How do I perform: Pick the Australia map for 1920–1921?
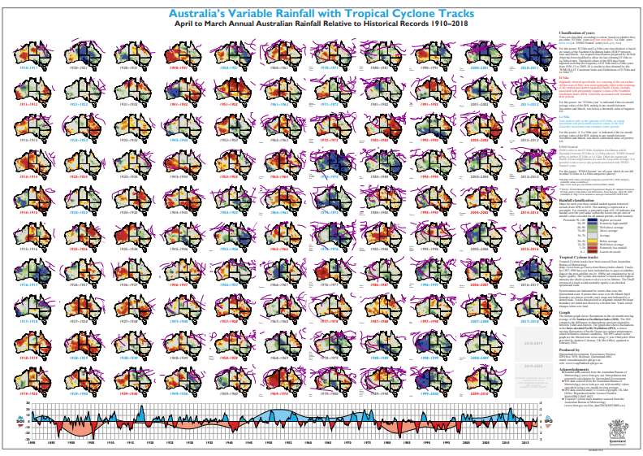tap(71, 52)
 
